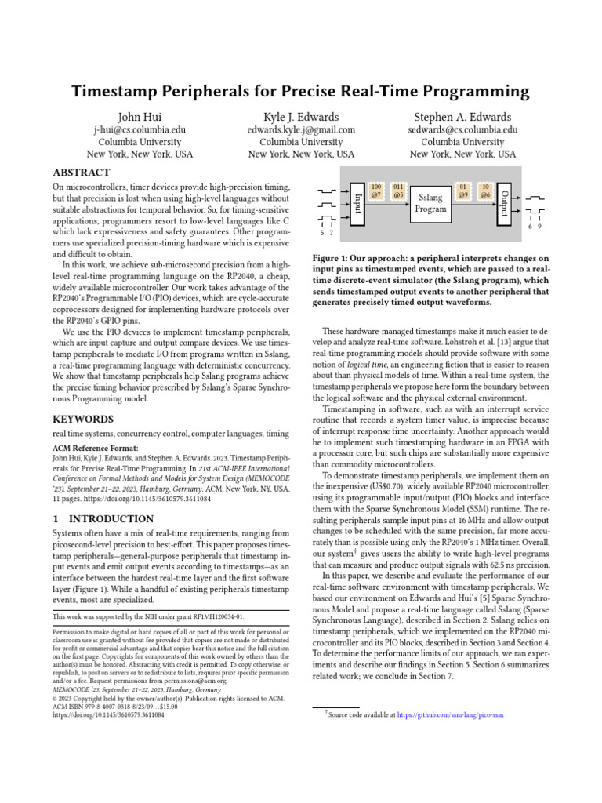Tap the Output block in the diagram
tap(505, 203)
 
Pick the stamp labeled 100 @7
tap(376, 190)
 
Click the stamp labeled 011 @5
tap(398, 190)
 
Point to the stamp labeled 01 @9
tap(463, 190)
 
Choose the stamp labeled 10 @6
tap(485, 190)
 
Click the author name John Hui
tap(140, 117)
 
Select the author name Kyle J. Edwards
tap(301, 117)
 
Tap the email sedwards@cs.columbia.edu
tap(462, 130)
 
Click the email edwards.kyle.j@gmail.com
tap(301, 130)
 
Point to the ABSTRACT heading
tap(81, 173)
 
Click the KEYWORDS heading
tap(82, 419)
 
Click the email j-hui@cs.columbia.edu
tap(140, 130)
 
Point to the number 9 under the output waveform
tap(540, 226)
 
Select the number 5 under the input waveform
tap(322, 233)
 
